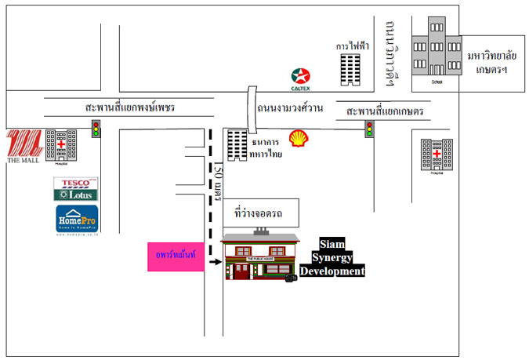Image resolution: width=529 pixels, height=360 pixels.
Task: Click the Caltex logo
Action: pyautogui.click(x=299, y=76)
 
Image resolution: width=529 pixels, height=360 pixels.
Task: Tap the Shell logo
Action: pyautogui.click(x=299, y=140)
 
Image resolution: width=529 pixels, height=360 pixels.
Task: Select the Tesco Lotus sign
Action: pyautogui.click(x=76, y=189)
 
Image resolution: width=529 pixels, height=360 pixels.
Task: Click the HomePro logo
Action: pyautogui.click(x=77, y=219)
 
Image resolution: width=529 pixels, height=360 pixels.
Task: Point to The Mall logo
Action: pyautogui.click(x=22, y=146)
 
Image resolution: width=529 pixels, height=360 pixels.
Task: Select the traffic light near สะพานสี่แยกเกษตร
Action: pyautogui.click(x=368, y=129)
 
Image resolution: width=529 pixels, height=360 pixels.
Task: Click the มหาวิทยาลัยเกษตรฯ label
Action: pyautogui.click(x=495, y=62)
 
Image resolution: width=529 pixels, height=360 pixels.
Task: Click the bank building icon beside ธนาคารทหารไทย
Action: pyautogui.click(x=236, y=146)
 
